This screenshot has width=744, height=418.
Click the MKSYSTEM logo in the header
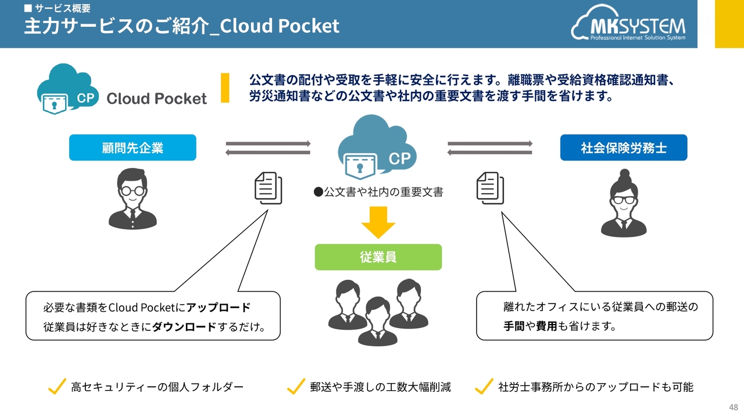pos(628,23)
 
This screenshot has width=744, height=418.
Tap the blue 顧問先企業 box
pos(133,147)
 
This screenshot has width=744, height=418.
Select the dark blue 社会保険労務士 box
pos(624,147)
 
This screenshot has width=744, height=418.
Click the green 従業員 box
pos(378,257)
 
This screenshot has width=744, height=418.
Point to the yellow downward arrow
pos(378,222)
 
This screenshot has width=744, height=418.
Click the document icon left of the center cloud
pos(269,188)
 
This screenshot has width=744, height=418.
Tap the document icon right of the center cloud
pos(490,188)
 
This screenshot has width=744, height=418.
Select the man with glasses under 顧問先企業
pos(133,199)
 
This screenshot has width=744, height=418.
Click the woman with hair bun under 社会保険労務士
pos(624,203)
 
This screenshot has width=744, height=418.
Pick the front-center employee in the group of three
pos(377,321)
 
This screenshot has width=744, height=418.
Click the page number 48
pos(734,407)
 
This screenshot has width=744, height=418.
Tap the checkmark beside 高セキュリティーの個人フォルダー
pos(57,387)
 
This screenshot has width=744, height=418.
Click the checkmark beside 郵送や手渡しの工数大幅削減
pos(296,387)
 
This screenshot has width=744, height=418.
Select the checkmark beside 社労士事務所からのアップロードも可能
pos(484,387)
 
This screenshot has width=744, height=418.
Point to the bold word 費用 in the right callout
pos(546,326)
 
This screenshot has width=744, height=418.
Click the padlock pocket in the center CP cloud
pos(360,166)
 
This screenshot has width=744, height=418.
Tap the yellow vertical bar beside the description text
pos(225,88)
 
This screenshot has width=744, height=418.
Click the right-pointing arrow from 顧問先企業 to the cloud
pos(269,143)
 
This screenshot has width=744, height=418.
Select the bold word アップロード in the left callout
pos(218,307)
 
